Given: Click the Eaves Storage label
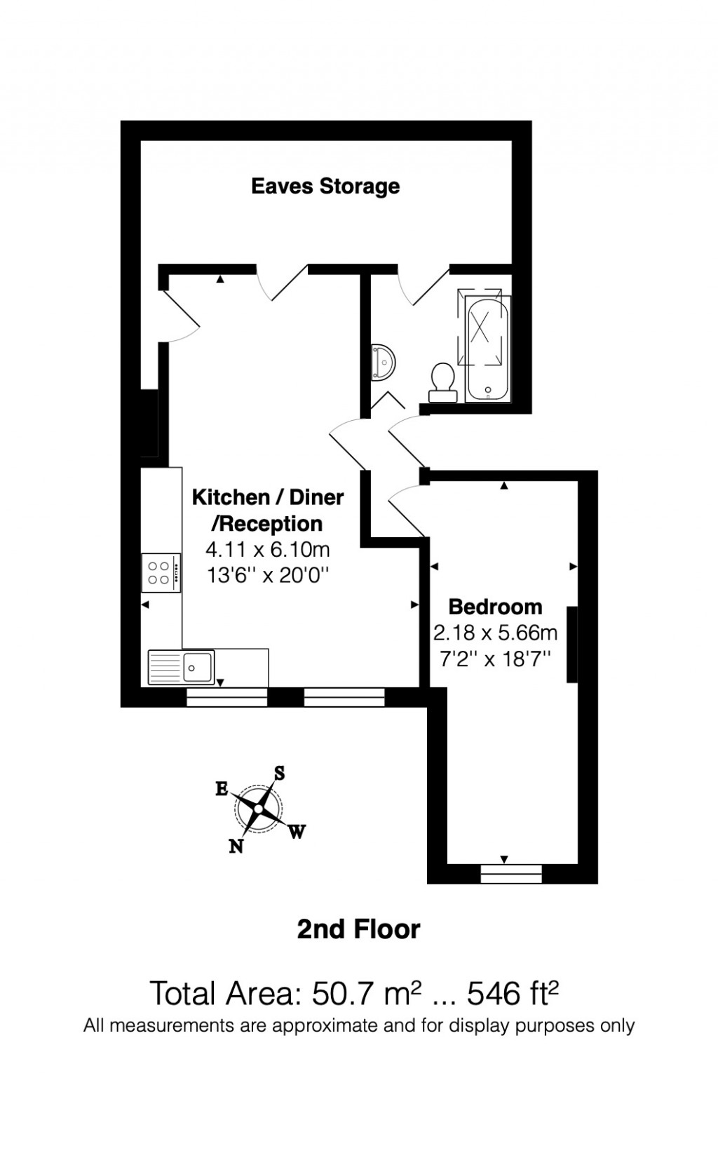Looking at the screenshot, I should coord(325,187).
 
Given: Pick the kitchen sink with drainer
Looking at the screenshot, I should coord(181,666).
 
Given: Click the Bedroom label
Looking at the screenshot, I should coord(495,607).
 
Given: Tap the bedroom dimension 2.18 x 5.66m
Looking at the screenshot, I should coord(495,633).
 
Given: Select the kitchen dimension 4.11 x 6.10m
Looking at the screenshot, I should coord(268,549).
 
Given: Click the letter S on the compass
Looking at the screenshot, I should coord(279,773).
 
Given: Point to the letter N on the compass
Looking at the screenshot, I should coord(236,846).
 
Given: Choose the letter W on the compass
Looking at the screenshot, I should coord(297,832).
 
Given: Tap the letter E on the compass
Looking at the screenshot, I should coord(222,789).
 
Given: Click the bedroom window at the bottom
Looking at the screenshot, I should coord(511,873).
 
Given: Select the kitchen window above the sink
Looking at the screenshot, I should coord(227,696).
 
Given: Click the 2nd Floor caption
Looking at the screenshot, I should coord(358,929).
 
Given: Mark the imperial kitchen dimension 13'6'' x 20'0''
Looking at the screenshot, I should coord(268,576).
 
